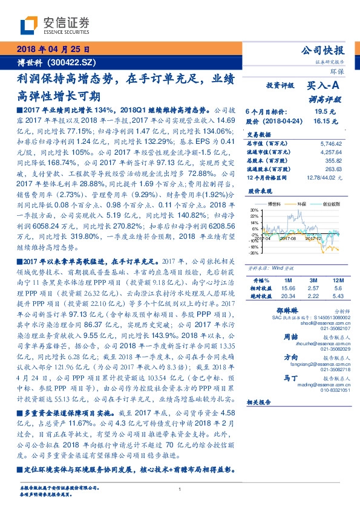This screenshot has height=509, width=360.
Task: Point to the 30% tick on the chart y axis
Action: (254, 209)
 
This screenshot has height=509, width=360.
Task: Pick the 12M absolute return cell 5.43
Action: (337, 296)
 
